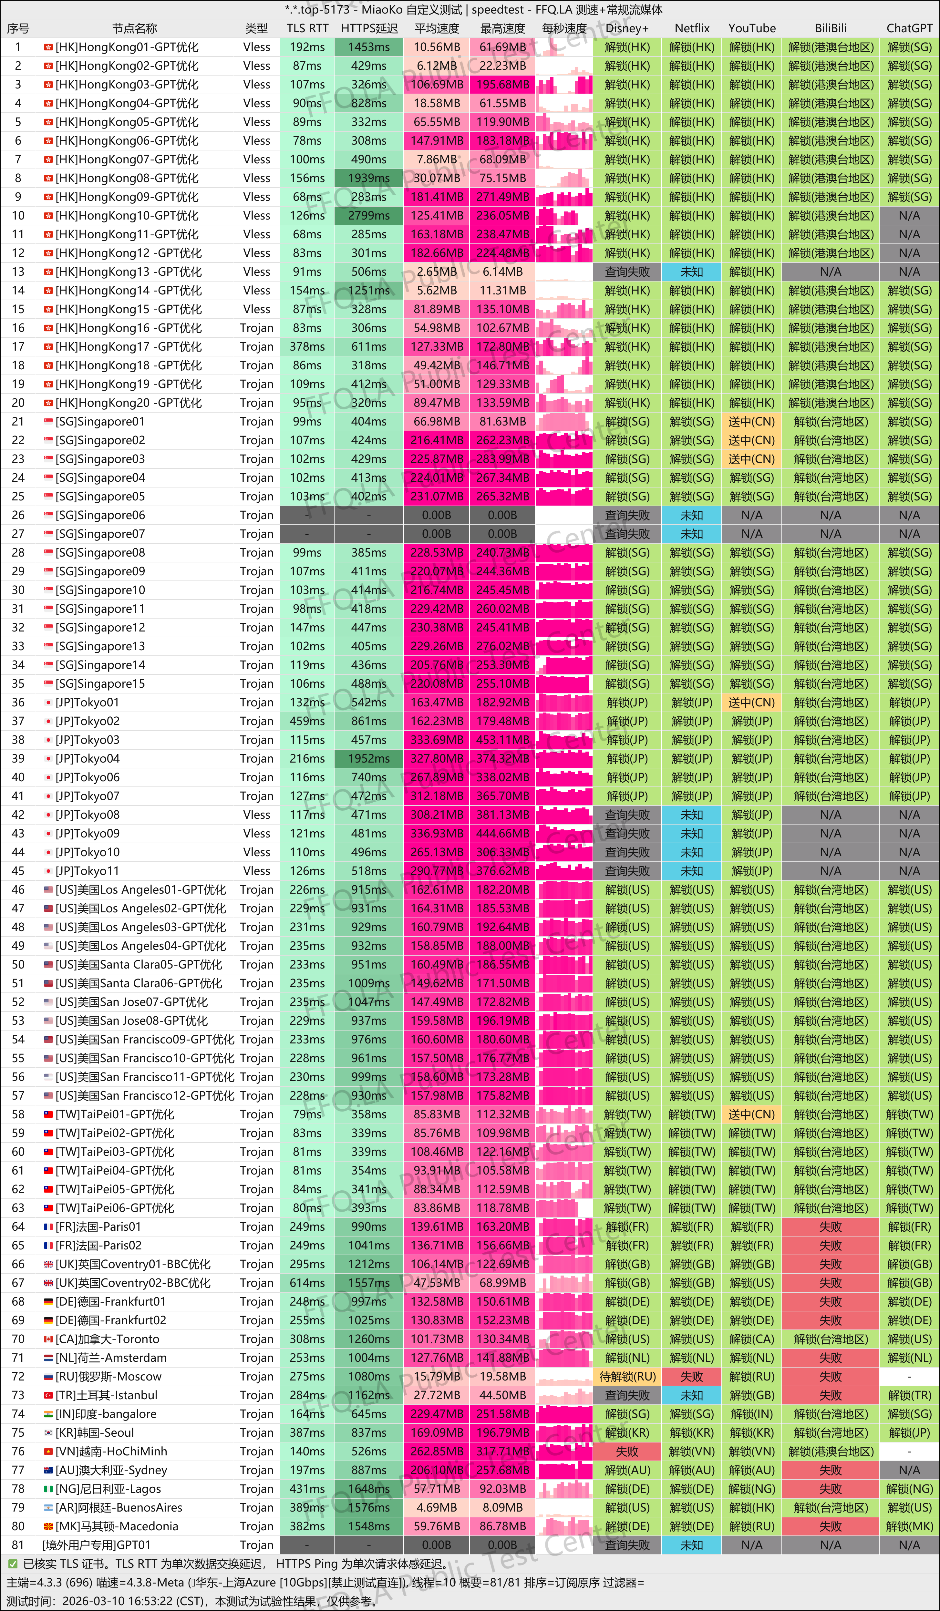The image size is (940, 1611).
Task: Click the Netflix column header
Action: (692, 28)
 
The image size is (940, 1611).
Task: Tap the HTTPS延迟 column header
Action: (369, 28)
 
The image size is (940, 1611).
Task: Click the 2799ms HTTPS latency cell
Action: (369, 215)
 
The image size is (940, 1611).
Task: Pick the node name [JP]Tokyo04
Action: (88, 759)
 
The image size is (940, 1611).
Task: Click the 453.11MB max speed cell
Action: (502, 740)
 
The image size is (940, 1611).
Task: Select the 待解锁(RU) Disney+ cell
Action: (627, 1376)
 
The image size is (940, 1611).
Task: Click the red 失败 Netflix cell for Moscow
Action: (692, 1376)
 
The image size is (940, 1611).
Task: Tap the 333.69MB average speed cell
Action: (437, 740)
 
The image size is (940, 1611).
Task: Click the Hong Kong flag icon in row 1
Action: (48, 47)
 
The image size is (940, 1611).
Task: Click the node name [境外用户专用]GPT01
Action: (97, 1545)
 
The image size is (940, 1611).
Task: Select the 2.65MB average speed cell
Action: (437, 272)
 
